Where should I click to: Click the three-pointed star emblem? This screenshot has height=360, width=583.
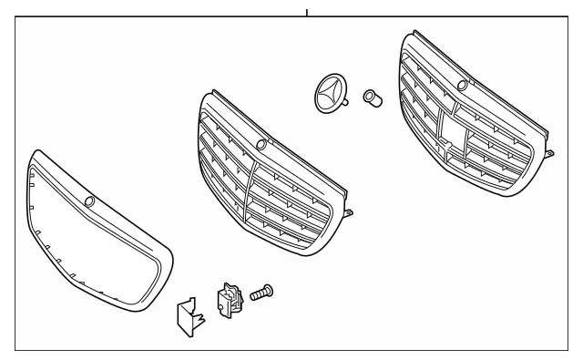tap(329, 96)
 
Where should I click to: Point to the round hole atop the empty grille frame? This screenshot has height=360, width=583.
tap(89, 201)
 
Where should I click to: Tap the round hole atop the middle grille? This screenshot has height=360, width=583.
tap(262, 145)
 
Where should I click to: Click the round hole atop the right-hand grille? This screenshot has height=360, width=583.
tap(463, 86)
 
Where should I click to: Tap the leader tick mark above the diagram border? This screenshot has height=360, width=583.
tap(307, 12)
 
